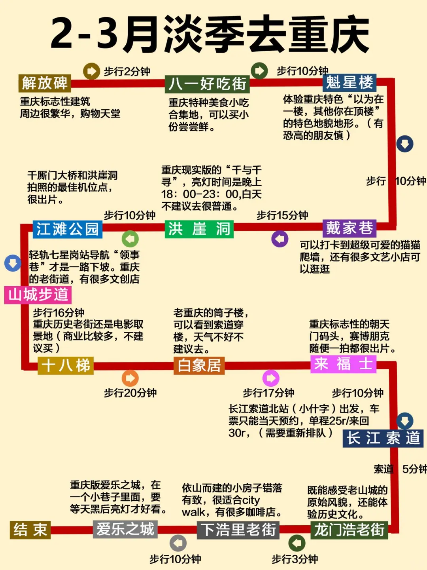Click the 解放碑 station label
[x=44, y=83]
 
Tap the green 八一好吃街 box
[x=207, y=84]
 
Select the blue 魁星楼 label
[x=350, y=83]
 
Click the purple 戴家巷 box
[x=350, y=228]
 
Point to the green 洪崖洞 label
[x=199, y=229]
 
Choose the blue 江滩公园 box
[x=67, y=229]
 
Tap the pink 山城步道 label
[x=38, y=295]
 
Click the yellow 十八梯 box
[x=66, y=365]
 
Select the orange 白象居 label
[x=199, y=365]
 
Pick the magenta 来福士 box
[x=343, y=364]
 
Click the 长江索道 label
[x=383, y=438]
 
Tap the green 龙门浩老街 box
[x=349, y=530]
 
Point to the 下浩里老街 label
[x=238, y=530]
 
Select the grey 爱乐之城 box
[x=125, y=529]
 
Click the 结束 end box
[x=30, y=530]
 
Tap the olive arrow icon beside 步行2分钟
[x=91, y=71]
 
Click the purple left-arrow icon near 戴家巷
[x=280, y=239]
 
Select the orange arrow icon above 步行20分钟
[x=130, y=378]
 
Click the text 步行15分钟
[x=282, y=215]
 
